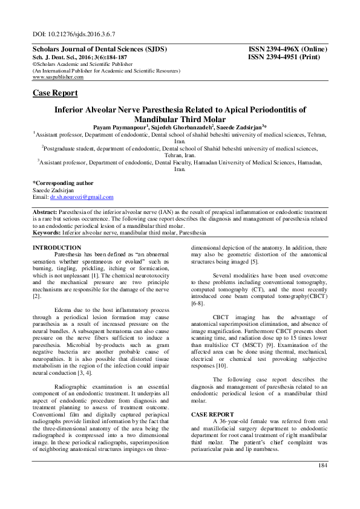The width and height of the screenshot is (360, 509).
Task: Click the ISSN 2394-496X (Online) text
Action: tap(287, 48)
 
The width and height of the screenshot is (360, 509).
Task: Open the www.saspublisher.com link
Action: tap(58, 77)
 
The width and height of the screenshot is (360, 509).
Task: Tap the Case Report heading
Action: tap(54, 93)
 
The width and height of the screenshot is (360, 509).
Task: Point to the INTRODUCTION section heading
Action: tap(56, 248)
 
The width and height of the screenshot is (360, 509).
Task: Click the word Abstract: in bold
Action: tap(45, 213)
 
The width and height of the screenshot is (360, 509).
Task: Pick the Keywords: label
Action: tap(47, 232)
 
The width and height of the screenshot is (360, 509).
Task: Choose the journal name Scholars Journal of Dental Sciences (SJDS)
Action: tap(99, 48)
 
